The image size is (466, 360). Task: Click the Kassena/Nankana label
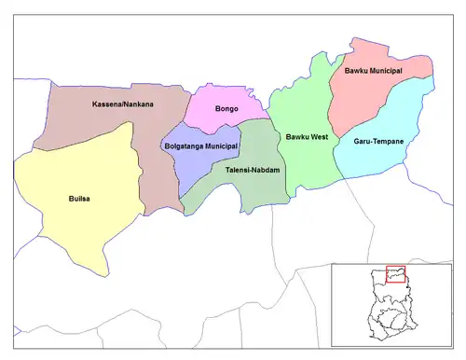coord(123,104)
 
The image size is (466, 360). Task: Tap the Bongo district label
coord(226,109)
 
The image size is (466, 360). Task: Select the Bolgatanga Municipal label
coord(200,146)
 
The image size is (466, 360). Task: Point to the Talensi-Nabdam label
coord(253,171)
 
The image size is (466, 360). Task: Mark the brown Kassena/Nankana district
coord(103,121)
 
